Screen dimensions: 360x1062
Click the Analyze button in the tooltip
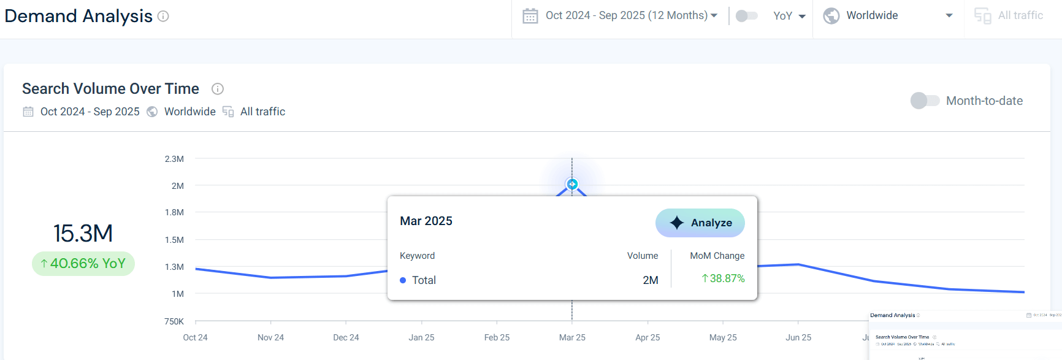(x=700, y=223)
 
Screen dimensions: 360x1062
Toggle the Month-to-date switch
(x=925, y=101)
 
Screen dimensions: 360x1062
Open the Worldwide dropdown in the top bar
(x=888, y=15)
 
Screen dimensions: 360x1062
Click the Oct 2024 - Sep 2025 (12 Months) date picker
(x=619, y=15)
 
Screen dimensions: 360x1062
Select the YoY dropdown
(x=789, y=16)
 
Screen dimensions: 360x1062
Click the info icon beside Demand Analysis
(x=163, y=17)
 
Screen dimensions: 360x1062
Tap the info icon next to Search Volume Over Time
(x=217, y=89)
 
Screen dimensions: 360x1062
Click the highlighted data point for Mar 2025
(x=572, y=184)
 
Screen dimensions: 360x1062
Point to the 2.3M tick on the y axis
(x=174, y=159)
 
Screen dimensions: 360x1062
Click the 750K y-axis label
(x=174, y=321)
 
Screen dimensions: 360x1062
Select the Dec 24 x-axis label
(x=346, y=337)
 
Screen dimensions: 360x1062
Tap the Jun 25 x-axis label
(x=798, y=337)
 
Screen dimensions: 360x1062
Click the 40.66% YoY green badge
(x=83, y=264)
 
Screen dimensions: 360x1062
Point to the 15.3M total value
(x=83, y=233)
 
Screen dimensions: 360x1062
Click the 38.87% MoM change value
(x=724, y=278)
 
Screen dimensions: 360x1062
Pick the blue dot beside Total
(x=403, y=280)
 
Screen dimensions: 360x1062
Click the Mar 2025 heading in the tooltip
(x=426, y=221)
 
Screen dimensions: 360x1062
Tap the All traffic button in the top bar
(x=1009, y=15)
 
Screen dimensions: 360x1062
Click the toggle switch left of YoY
(x=746, y=16)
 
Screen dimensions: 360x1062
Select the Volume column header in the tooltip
(x=642, y=256)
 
